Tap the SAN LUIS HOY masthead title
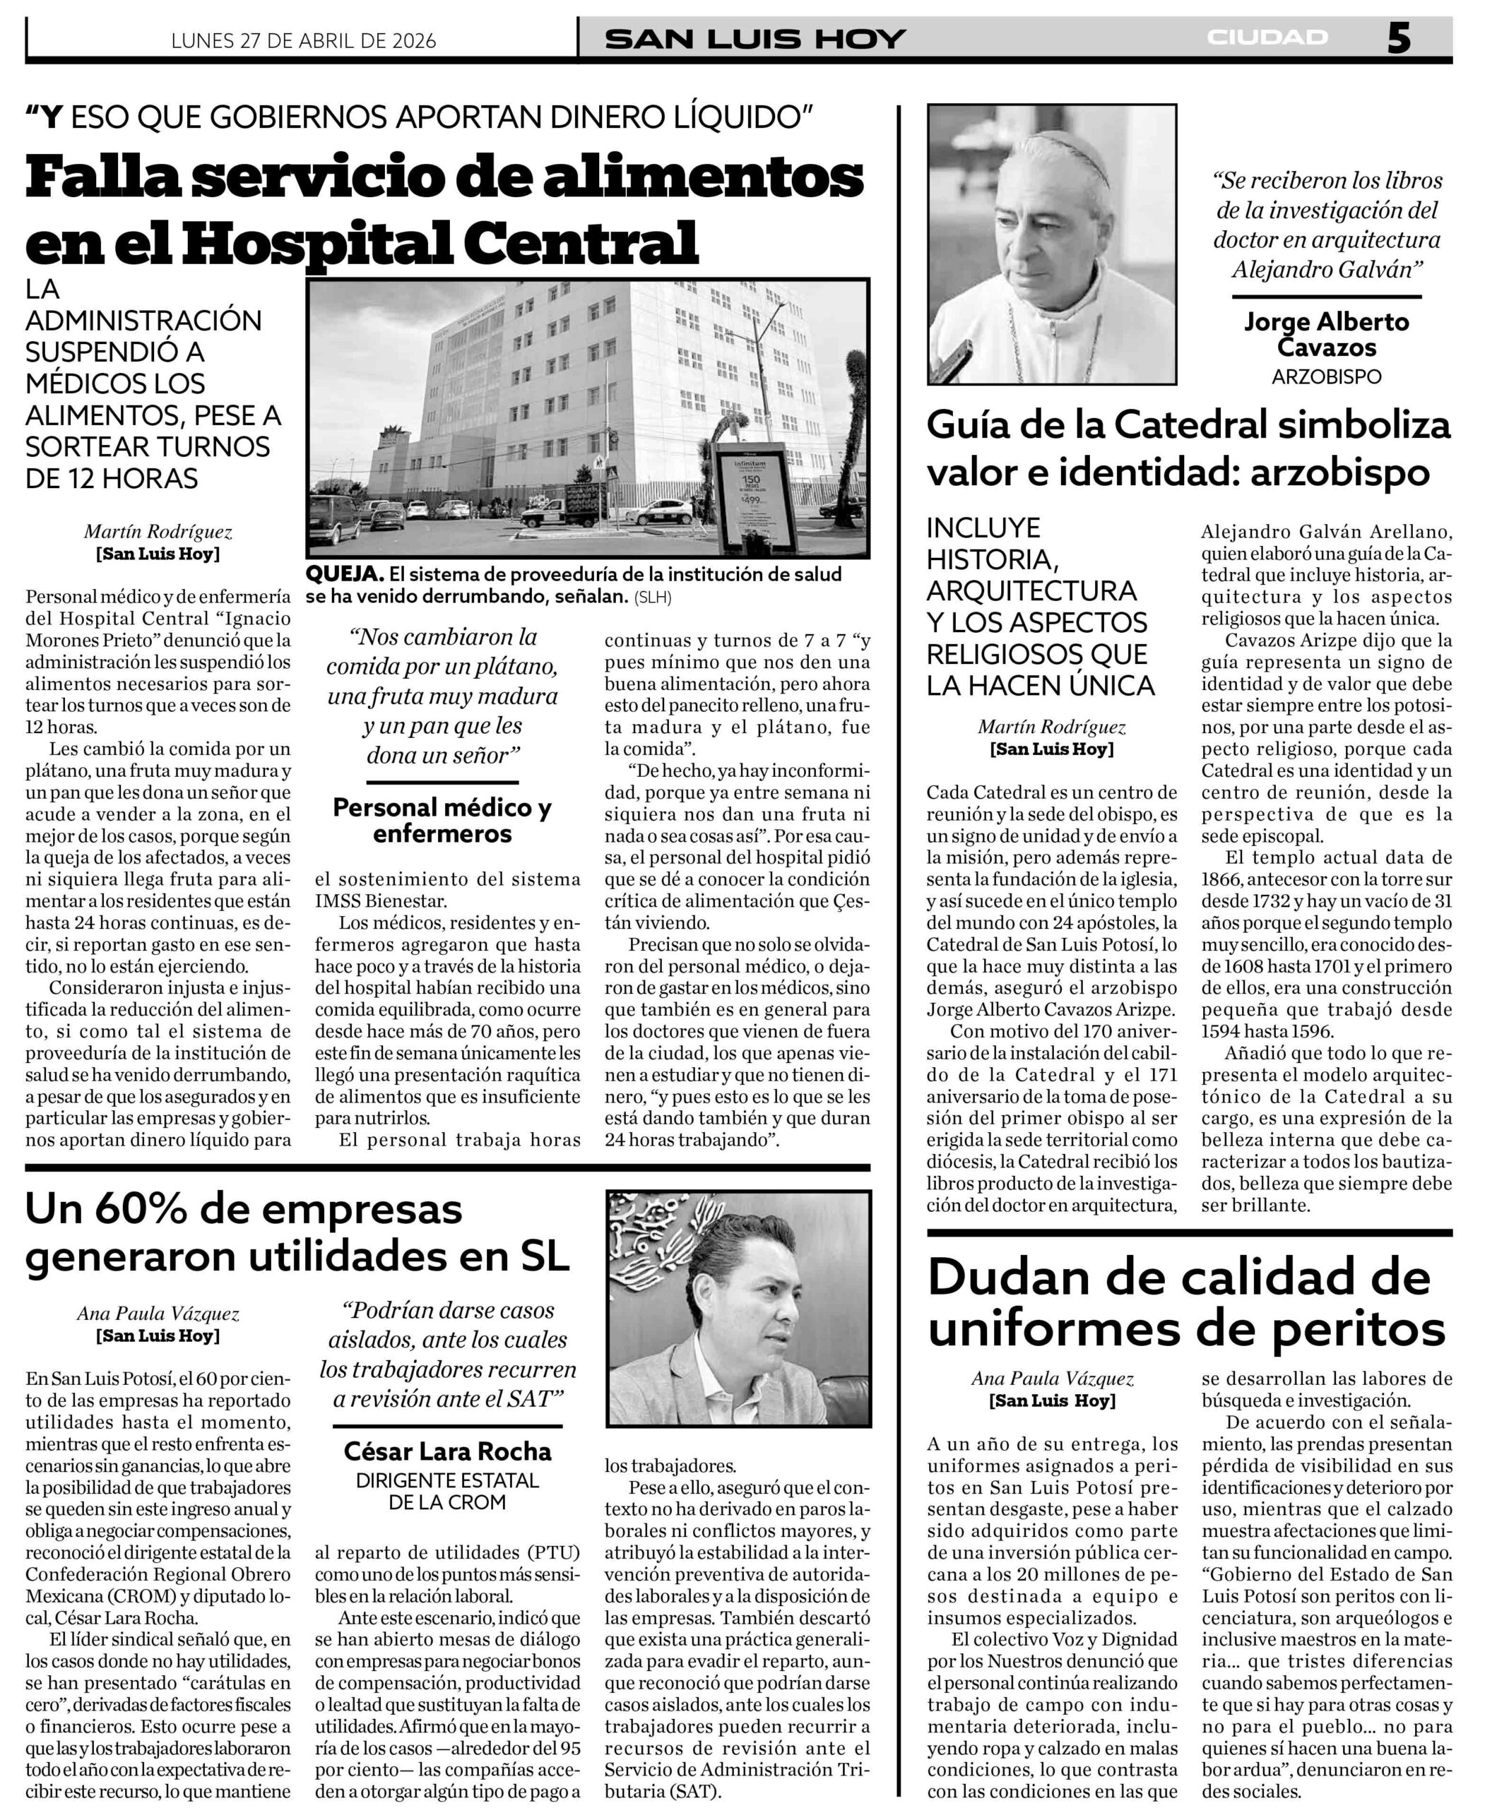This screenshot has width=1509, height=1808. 754,39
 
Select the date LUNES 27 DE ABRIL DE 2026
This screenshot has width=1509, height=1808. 304,40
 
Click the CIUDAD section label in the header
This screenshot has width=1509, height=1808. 1267,37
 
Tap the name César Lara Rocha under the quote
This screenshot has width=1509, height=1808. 447,1451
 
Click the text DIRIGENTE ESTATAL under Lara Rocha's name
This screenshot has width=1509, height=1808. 447,1481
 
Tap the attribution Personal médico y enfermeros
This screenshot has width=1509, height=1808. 442,820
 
